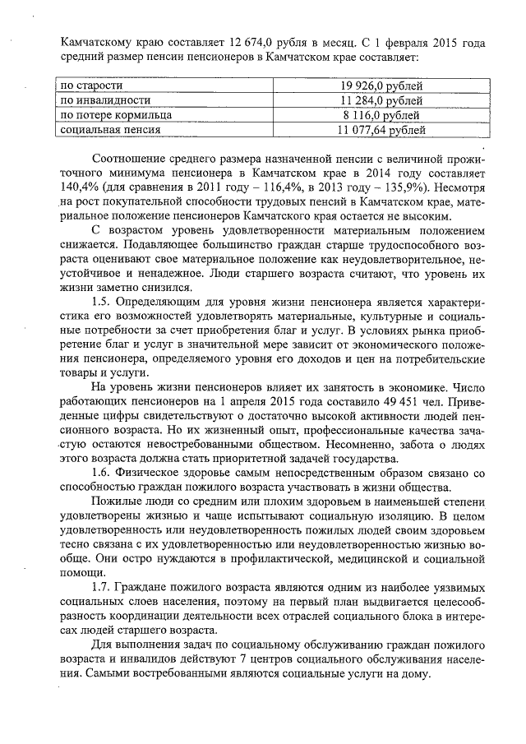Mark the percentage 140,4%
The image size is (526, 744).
click(x=80, y=187)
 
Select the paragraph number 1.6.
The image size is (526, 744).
click(x=104, y=473)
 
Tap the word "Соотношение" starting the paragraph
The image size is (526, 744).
click(x=136, y=157)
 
